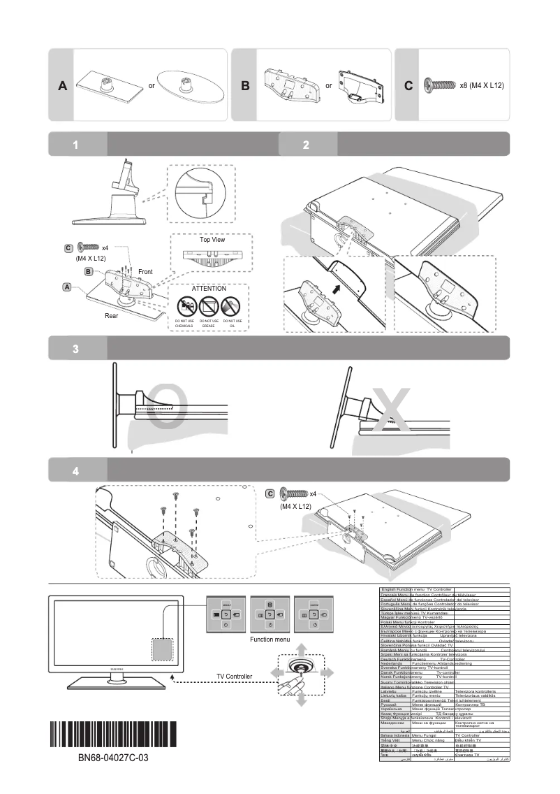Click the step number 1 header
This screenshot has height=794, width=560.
tap(77, 145)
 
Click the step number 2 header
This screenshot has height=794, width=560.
tap(307, 145)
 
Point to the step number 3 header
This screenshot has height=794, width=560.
tap(77, 349)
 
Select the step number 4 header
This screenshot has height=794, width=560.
tap(77, 470)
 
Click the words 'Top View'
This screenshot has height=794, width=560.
tap(212, 240)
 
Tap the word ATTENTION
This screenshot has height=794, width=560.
tap(209, 288)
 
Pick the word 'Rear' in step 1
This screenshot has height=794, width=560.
tap(112, 316)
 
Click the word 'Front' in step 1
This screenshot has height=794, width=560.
tap(145, 271)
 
